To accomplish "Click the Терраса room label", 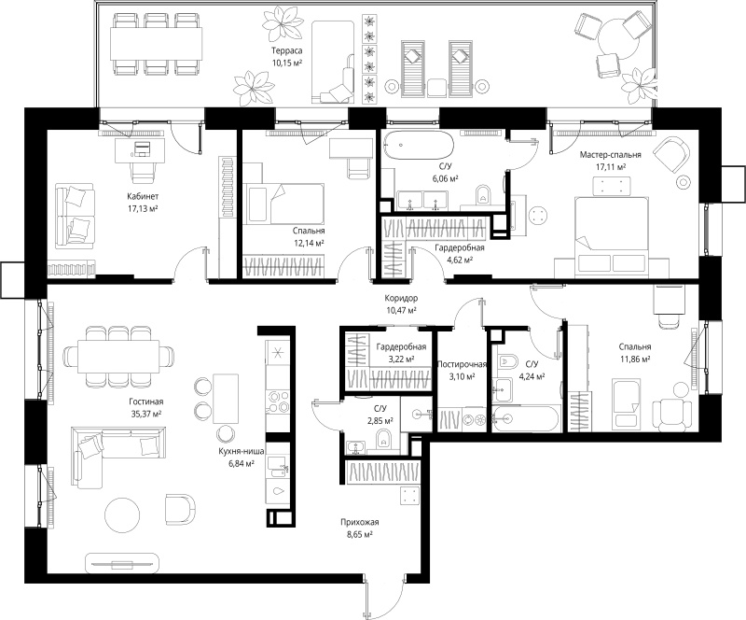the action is [x=287, y=50].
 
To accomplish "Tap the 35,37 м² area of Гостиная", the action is [x=145, y=415].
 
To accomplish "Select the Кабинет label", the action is [x=143, y=196].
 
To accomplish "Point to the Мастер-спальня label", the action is [x=611, y=154].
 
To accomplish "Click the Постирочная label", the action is [x=462, y=364].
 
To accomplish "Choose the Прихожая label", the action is [x=360, y=522].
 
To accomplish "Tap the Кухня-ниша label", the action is [x=242, y=451].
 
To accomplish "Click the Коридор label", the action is [x=401, y=298].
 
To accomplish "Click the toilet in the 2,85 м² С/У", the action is [x=383, y=439].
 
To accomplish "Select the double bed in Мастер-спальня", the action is [x=612, y=236].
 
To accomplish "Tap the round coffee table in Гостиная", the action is [x=122, y=515].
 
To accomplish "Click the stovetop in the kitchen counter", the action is [x=277, y=401].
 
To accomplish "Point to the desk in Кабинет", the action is [x=141, y=150].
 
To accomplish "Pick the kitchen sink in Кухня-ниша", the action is [x=277, y=465].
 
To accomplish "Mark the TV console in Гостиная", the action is [x=122, y=564].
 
